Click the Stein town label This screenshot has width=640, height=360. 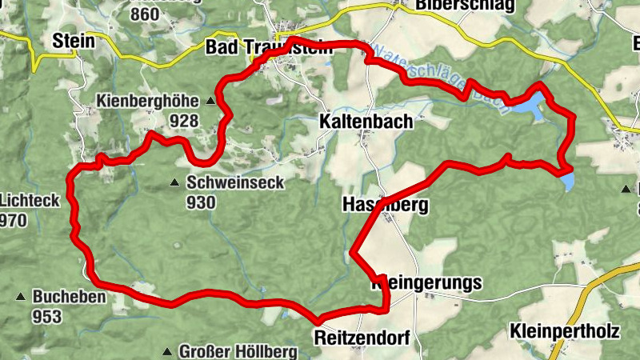coord(73,42)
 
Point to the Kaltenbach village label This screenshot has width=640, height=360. coord(366,122)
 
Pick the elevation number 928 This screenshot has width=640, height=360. coord(184,120)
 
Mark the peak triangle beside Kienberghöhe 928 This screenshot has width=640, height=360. coord(211,102)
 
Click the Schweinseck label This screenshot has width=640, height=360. coord(235,182)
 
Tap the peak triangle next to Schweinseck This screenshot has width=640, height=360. coord(174,183)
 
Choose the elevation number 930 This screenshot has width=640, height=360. coord(201,202)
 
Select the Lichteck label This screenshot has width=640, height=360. coord(30,200)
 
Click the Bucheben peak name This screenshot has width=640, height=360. coord(69,297)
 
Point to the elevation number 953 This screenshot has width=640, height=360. coord(47,317)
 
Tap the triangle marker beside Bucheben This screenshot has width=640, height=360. coord(20,298)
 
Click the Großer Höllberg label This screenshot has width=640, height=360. coord(238,351)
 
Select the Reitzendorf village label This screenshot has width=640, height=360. coord(362,338)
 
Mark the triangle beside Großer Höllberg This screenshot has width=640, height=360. coord(166,352)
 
